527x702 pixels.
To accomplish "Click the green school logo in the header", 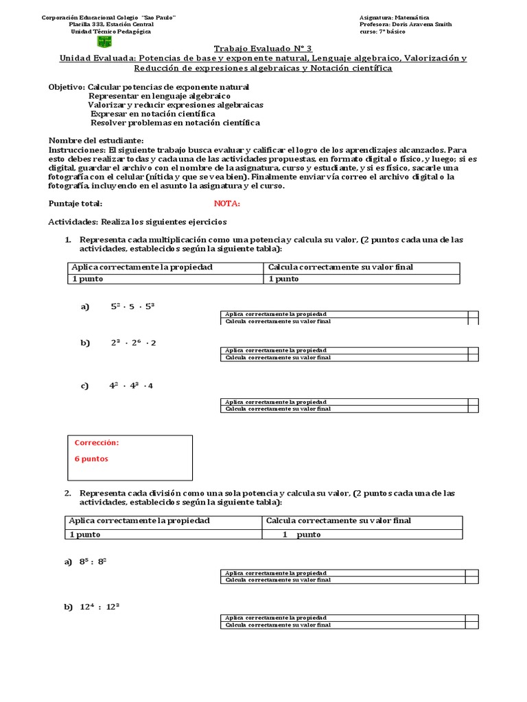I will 104,41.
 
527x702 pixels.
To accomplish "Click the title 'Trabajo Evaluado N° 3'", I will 263,48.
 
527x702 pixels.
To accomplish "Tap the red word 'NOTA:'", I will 227,204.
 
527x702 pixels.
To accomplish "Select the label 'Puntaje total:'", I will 75,204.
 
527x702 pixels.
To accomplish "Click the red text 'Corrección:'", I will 97,443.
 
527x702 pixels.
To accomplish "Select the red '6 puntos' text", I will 91,459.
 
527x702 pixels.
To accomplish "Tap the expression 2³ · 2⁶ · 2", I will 133,343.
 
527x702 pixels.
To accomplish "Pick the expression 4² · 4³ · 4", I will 131,385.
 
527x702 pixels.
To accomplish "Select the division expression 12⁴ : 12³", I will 100,607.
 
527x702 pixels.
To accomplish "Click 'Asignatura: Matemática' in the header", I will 394,17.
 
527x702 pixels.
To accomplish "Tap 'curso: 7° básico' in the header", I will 382,32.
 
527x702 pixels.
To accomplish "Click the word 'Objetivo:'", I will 67,87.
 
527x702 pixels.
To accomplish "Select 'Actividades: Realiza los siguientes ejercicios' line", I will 137,222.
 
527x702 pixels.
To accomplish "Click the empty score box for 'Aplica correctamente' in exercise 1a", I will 473,314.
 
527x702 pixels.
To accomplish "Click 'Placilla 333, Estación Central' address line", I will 107,25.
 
